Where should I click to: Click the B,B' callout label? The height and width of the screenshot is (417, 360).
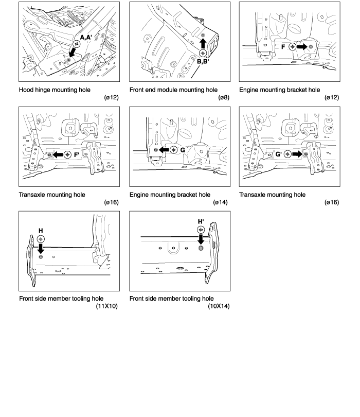pos(207,60)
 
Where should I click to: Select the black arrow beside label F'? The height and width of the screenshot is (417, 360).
pos(57,154)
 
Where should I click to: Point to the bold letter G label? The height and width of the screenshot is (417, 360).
pos(182,149)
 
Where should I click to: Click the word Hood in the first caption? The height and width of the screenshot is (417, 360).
pos(27,90)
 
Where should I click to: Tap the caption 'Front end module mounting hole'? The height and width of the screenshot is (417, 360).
pos(173,90)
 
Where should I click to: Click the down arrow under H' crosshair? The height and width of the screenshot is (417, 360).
pos(201,240)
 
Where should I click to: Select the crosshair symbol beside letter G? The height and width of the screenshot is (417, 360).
pos(172,149)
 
